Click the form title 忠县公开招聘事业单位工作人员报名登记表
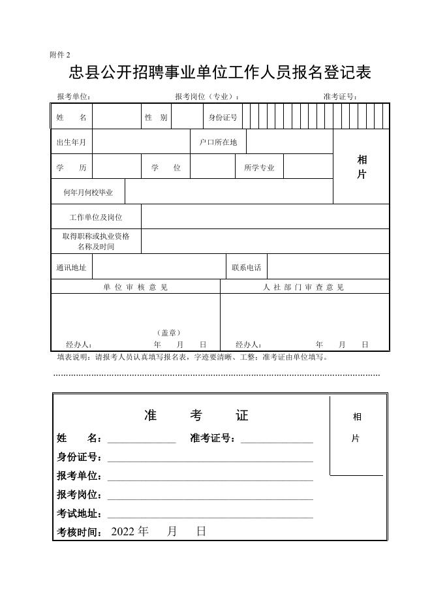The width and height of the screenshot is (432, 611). coord(220,72)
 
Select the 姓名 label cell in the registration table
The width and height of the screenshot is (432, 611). coord(71,117)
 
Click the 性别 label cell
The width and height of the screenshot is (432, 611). coord(156,117)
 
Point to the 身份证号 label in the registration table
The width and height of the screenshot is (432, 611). coord(223,117)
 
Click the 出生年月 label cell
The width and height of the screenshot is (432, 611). coord(71,142)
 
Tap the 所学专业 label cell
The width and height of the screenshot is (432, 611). coord(259,167)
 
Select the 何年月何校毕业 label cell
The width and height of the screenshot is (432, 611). coord(88,193)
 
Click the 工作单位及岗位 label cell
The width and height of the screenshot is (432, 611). coord(96,217)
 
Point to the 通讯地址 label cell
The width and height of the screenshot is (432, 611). coord(71,267)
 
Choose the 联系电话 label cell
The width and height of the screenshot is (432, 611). coord(247,267)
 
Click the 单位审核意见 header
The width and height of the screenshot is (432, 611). coord(135,287)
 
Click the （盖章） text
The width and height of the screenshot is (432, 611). coord(169,332)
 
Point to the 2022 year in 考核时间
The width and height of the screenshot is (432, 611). coord(121,531)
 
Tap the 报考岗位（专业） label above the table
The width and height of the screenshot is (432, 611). coord(207,97)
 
